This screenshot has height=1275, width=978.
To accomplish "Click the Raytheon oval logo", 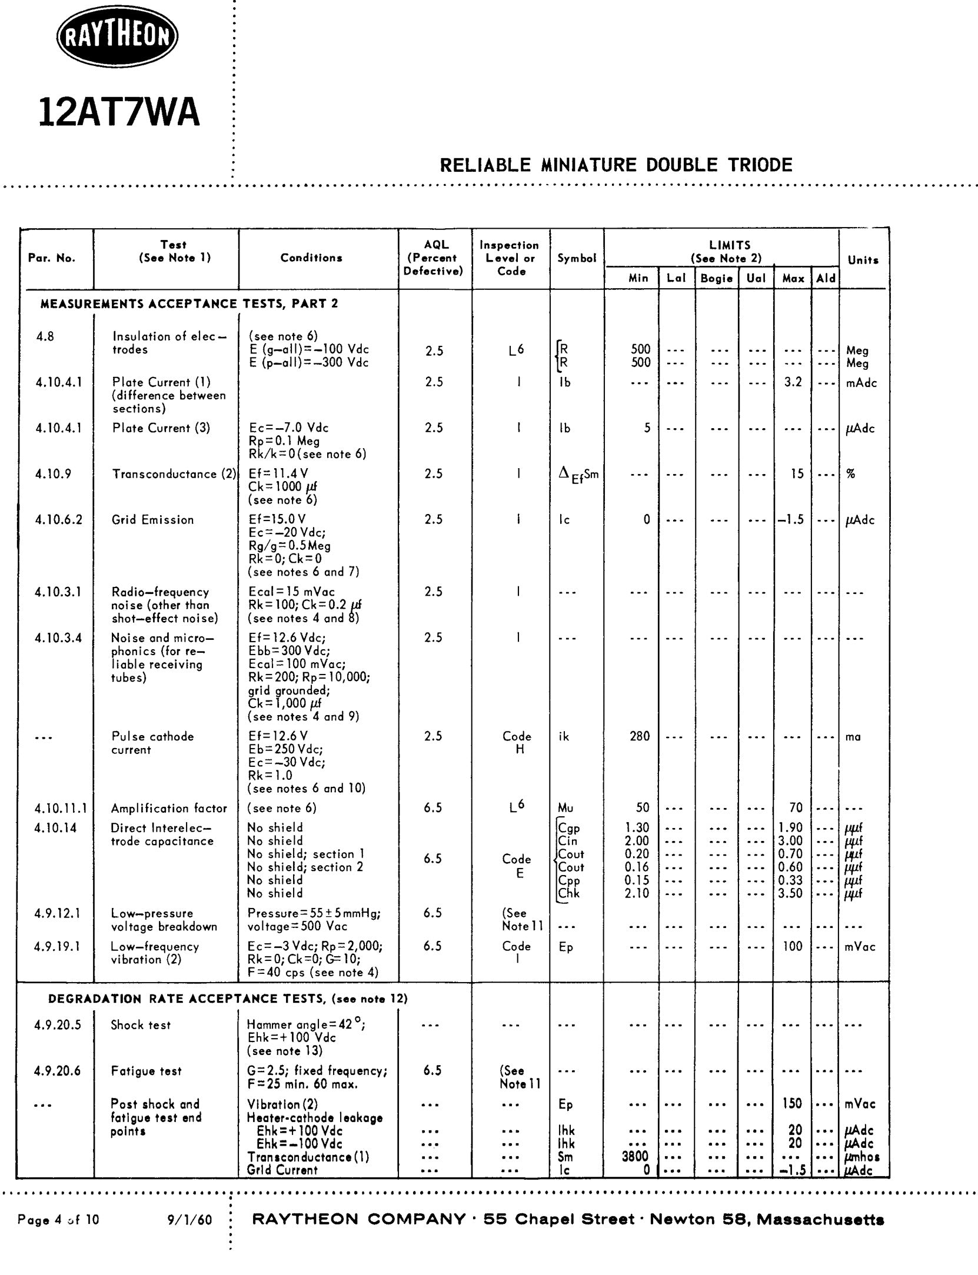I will coord(117,39).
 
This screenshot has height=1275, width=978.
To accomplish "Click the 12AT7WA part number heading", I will coord(119,112).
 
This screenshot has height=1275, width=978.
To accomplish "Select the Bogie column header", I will coord(716,278).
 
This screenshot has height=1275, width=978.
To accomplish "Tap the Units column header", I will coord(863,260).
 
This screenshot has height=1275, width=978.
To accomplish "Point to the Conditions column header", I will coord(311,258).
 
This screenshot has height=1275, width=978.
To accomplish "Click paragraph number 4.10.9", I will coord(54,474).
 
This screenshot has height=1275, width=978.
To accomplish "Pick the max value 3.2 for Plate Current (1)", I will coord(793,382).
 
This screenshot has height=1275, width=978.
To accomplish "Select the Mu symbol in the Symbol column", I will coord(565,808).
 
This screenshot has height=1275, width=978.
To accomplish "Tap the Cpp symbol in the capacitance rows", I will coord(569,880).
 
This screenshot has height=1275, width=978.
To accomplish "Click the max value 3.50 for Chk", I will coord(790,893).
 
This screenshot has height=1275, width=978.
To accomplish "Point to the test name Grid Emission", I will coord(152,520).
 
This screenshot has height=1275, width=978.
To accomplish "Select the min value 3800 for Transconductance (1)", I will coord(635,1157).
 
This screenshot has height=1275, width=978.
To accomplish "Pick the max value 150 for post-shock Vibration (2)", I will coord(792,1103).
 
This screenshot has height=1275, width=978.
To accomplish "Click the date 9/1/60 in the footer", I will coord(189,1220).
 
